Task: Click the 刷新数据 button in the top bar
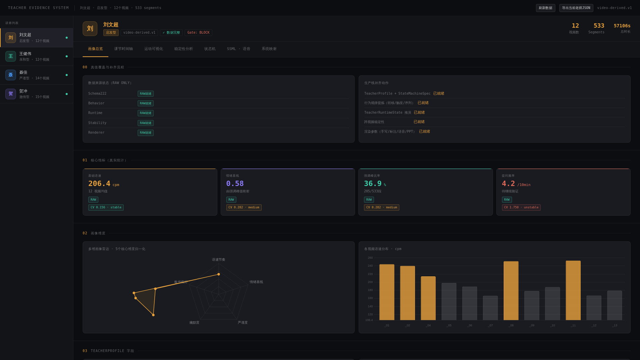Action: [545, 8]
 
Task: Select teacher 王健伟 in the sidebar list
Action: [36, 56]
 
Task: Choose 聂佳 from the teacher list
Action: [36, 75]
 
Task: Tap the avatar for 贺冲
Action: [11, 94]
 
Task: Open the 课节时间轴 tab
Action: [123, 49]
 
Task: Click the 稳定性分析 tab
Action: [183, 49]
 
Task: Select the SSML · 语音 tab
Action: [238, 49]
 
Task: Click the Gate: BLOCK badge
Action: [198, 33]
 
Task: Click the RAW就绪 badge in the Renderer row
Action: [146, 133]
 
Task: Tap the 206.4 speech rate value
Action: [99, 184]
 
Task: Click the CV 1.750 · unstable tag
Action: [521, 207]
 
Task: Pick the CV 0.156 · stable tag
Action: [106, 207]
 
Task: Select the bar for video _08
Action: [511, 291]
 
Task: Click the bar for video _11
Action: [573, 290]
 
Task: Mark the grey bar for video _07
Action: [490, 308]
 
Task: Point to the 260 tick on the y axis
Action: [370, 258]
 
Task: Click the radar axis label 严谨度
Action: [243, 323]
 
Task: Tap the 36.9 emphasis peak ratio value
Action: [373, 184]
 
